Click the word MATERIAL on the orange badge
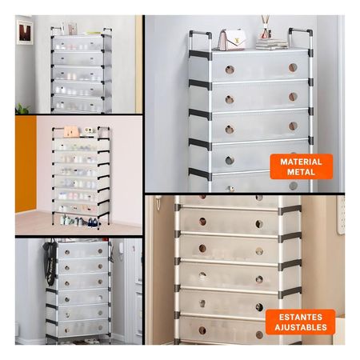[301, 162]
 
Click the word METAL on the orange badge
[301, 172]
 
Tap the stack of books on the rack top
[272, 44]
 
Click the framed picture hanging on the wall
[25, 32]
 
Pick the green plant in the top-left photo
[22, 109]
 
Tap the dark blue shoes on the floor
[93, 222]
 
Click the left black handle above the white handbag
[200, 40]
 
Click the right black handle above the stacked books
[299, 38]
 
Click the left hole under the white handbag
[230, 70]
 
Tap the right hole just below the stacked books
[293, 68]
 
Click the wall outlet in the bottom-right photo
[342, 215]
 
